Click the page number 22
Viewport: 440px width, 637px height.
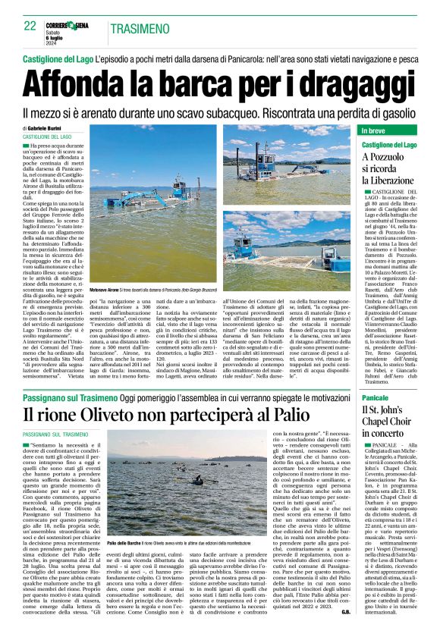30,26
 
